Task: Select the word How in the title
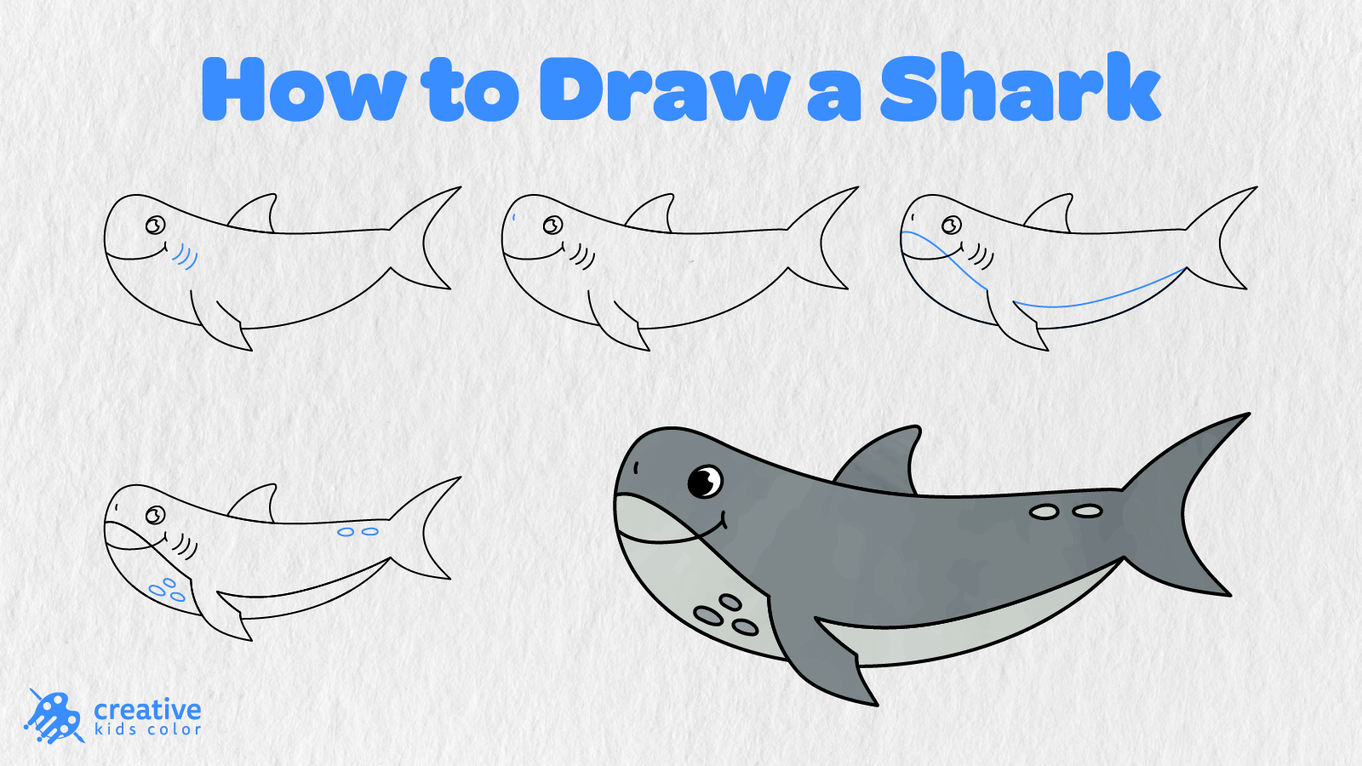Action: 303,89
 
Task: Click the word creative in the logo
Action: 148,710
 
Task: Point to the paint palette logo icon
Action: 54,717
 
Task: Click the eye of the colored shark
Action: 705,482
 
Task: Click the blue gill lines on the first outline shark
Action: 185,256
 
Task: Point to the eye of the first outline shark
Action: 156,226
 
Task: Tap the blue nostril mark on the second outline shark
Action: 514,217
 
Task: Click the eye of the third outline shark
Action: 952,226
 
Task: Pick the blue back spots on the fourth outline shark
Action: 358,532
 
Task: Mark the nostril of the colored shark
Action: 636,467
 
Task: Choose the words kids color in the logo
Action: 148,729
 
